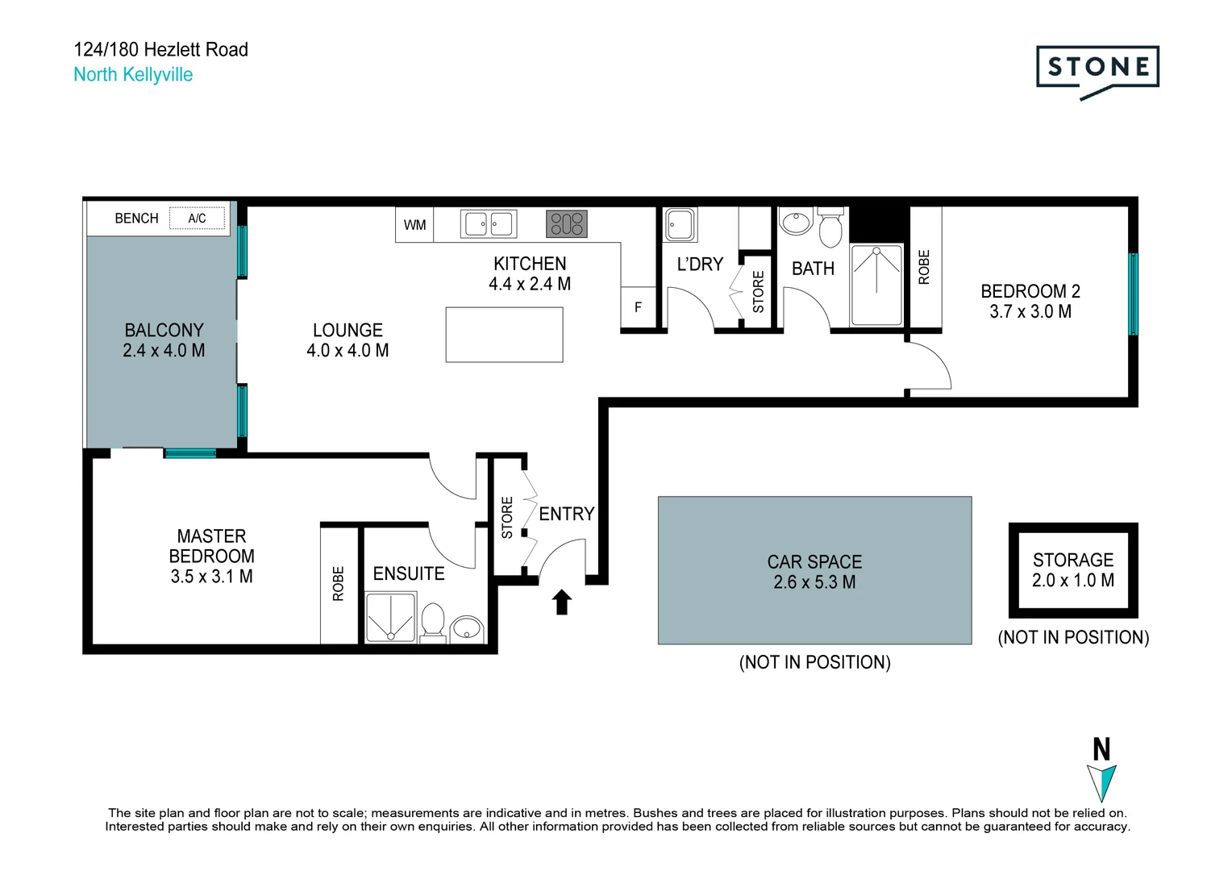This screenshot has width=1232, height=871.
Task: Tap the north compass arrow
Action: pos(1101,781)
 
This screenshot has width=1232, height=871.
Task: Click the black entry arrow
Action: pos(562,602)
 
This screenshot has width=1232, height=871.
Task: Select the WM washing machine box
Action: pos(414,225)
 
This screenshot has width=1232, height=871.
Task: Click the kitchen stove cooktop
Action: pos(567,223)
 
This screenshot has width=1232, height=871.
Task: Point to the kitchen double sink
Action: pos(488,223)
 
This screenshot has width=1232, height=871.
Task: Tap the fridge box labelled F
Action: pos(638,307)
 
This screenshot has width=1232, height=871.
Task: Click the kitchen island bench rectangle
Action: pos(504,335)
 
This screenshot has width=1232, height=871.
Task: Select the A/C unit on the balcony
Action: pos(197,219)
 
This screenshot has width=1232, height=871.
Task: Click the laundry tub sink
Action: pos(679,224)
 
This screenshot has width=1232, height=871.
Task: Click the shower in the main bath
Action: pos(876,285)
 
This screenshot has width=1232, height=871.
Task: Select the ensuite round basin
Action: pos(466,627)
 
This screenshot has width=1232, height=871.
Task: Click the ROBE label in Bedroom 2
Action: pos(924,267)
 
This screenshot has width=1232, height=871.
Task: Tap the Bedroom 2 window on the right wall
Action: pos(1133,294)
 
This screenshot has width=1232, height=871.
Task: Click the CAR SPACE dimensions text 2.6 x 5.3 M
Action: pos(814,582)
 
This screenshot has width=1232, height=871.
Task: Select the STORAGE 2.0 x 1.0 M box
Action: pos(1073,570)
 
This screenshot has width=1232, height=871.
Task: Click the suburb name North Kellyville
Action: pos(133,75)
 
